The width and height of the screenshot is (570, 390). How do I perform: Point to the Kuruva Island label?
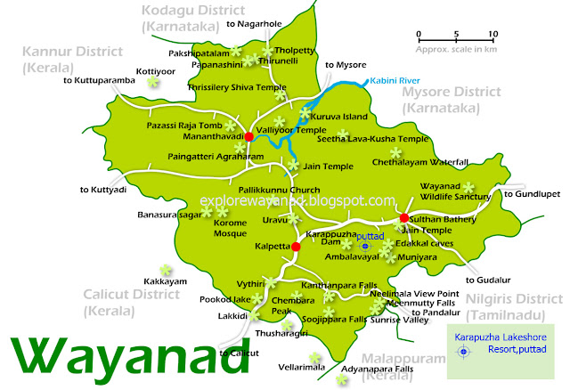coord(344,115)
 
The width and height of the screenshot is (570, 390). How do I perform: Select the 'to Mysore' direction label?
coord(346,65)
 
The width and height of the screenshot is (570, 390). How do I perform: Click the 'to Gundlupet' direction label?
coord(533,193)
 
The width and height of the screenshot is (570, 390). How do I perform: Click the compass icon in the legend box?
coord(463,353)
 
